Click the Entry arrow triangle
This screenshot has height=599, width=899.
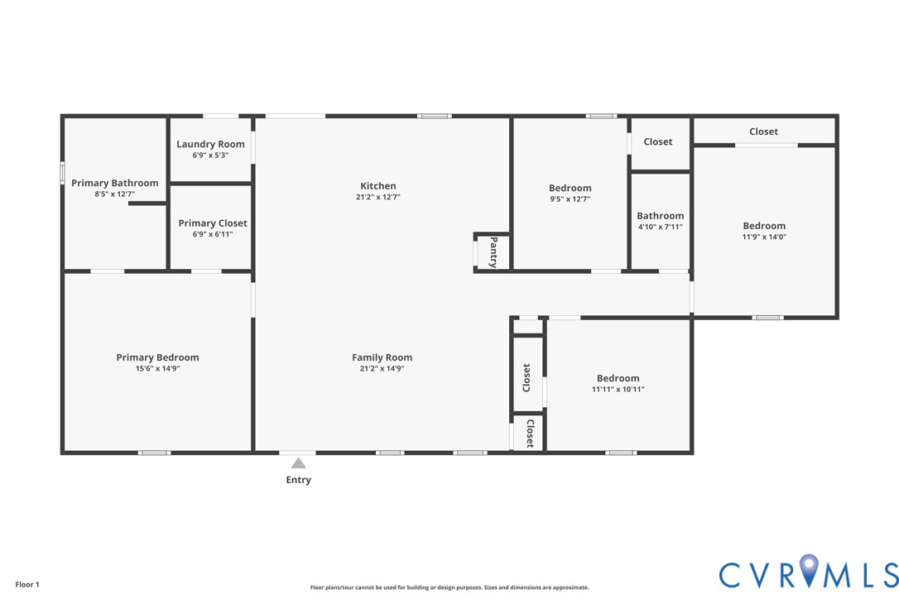click(299, 463)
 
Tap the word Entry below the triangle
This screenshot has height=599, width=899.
click(299, 480)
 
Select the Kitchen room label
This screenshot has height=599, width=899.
click(377, 185)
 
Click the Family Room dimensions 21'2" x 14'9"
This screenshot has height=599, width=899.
click(382, 368)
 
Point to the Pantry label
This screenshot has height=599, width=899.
click(493, 252)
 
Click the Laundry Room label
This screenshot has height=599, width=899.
click(210, 144)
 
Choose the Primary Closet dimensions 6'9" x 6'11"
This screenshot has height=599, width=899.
click(213, 234)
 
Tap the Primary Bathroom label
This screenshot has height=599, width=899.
click(115, 183)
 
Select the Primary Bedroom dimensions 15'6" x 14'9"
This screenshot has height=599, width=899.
click(157, 368)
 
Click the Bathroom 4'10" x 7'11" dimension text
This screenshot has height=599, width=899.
click(661, 227)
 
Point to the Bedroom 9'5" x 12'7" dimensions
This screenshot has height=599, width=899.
click(570, 199)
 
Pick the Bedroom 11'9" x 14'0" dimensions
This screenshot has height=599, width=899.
click(764, 237)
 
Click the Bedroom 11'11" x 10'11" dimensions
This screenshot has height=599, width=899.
click(618, 389)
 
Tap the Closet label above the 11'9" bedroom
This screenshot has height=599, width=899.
click(764, 132)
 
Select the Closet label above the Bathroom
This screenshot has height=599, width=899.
click(657, 141)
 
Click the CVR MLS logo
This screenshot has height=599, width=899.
click(809, 572)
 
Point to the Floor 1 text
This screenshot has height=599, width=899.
click(27, 585)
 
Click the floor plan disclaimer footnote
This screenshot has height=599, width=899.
click(449, 587)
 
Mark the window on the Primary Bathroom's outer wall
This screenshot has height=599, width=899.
click(62, 173)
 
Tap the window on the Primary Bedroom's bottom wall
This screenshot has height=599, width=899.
click(154, 453)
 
